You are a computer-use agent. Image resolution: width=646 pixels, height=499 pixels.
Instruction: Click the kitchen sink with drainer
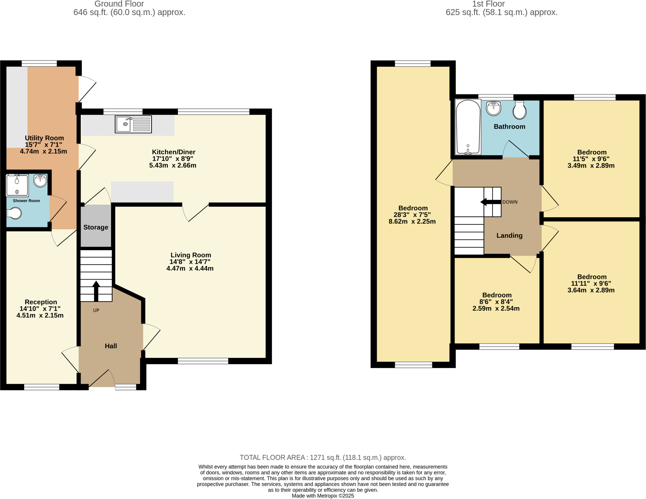[x=133, y=124]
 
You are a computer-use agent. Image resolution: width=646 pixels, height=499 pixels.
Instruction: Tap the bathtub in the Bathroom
[x=468, y=127]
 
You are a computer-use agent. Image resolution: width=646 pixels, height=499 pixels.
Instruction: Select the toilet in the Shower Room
[x=14, y=213]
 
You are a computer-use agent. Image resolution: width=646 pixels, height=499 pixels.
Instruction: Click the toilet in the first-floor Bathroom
[x=520, y=110]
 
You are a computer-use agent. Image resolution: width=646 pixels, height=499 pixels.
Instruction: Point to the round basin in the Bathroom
[x=494, y=108]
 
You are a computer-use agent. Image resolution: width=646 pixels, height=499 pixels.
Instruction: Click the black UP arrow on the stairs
[x=96, y=291]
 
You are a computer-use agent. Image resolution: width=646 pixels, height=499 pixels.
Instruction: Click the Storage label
[x=96, y=227]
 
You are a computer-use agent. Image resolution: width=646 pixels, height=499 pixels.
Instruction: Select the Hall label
[x=111, y=346]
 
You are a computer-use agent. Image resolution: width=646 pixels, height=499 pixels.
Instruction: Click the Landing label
[x=509, y=235]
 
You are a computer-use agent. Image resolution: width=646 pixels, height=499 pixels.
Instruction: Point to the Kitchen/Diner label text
[x=173, y=152]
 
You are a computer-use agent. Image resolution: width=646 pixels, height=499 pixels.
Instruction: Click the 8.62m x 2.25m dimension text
[x=412, y=221]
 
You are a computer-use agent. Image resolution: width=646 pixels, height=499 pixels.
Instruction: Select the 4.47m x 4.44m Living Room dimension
[x=190, y=268]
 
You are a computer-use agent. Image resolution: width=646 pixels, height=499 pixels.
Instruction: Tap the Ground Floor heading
[x=119, y=4]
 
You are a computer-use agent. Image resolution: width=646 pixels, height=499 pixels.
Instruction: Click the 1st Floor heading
[x=488, y=4]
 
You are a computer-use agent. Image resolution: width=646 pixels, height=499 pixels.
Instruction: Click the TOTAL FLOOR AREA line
[x=323, y=457]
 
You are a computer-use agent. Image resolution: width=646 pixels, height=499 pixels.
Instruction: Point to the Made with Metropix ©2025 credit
[x=323, y=496]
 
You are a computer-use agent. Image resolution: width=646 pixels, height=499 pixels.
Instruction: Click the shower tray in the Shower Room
[x=17, y=185]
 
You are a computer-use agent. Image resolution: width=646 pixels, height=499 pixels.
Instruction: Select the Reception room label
[x=41, y=302]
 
